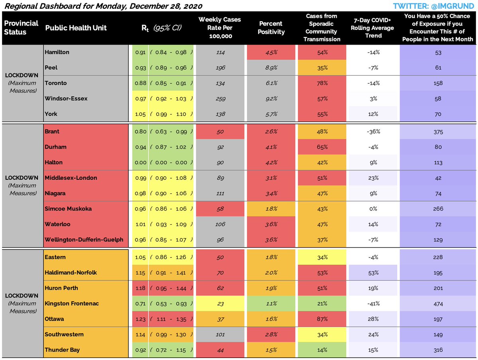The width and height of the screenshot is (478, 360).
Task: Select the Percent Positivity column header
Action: pyautogui.click(x=270, y=28)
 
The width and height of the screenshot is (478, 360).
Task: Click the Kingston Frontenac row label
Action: pyautogui.click(x=72, y=303)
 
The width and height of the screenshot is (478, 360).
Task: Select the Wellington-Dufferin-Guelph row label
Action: pyautogui.click(x=84, y=240)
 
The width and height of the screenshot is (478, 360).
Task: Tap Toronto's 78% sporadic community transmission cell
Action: pyautogui.click(x=322, y=83)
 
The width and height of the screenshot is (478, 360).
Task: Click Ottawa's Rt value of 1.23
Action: pyautogui.click(x=139, y=319)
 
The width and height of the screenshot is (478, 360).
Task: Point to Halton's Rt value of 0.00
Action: pyautogui.click(x=139, y=162)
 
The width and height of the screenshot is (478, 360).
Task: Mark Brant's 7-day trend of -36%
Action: pyautogui.click(x=373, y=132)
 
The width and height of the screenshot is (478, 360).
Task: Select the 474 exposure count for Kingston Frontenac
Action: pyautogui.click(x=438, y=303)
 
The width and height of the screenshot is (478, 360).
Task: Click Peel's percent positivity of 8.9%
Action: pyautogui.click(x=271, y=68)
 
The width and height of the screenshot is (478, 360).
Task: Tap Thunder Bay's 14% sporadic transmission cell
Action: pyautogui.click(x=322, y=350)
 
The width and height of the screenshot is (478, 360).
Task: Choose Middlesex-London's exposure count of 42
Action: pyautogui.click(x=438, y=178)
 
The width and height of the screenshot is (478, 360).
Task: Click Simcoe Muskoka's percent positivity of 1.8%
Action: pyautogui.click(x=271, y=209)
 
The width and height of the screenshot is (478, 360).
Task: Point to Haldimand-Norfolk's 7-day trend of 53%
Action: pyautogui.click(x=373, y=273)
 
